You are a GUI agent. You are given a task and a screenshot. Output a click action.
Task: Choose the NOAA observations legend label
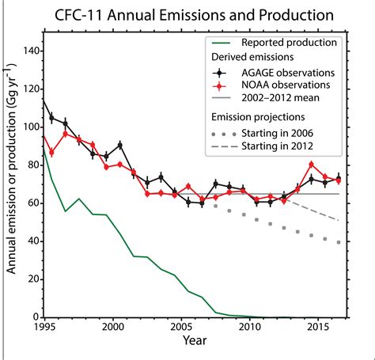(286, 85)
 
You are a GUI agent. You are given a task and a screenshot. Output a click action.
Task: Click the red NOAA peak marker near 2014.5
(311, 165)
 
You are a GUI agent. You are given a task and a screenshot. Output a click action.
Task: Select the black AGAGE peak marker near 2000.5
(119, 145)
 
